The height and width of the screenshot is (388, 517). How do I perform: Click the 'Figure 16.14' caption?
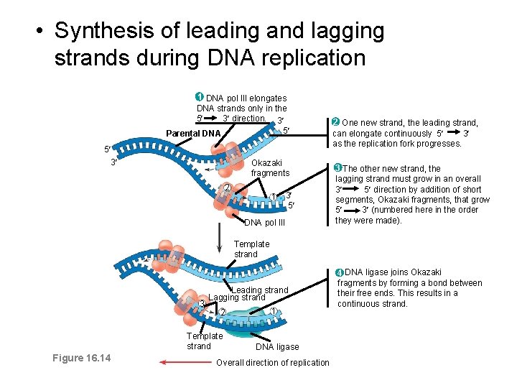pyautogui.click(x=81, y=358)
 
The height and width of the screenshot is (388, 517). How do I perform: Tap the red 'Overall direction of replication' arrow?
pyautogui.click(x=184, y=363)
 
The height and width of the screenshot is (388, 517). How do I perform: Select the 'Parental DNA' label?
pyautogui.click(x=193, y=134)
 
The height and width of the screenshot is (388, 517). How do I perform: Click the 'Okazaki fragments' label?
pyautogui.click(x=270, y=168)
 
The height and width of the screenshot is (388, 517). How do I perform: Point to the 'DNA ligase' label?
pyautogui.click(x=277, y=347)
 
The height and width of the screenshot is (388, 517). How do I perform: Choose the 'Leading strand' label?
pyautogui.click(x=260, y=290)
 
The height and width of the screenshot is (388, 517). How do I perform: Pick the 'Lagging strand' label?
pyautogui.click(x=237, y=297)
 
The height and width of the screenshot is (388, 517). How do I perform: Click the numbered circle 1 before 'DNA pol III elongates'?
pyautogui.click(x=200, y=97)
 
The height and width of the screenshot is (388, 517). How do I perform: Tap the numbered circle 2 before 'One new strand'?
pyautogui.click(x=335, y=122)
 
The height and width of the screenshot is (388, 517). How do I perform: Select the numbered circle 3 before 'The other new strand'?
pyautogui.click(x=338, y=167)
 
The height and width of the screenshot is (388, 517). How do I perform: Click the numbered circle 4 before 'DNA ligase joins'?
pyautogui.click(x=340, y=272)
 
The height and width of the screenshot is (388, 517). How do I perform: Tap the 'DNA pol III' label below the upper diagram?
pyautogui.click(x=265, y=223)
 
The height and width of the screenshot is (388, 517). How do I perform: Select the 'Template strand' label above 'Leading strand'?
pyautogui.click(x=251, y=249)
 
